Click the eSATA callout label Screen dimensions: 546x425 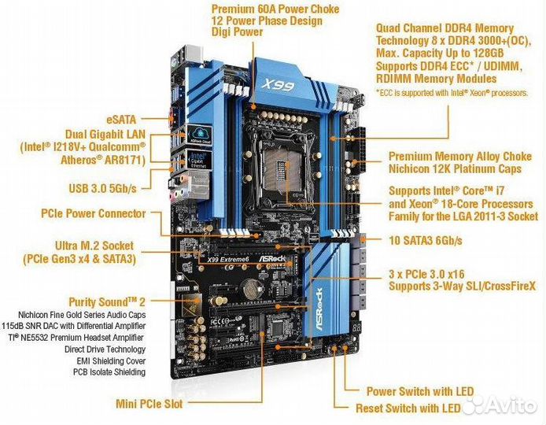(121, 120)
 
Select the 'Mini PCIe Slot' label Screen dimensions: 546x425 (149, 404)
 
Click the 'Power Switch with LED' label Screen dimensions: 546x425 (420, 391)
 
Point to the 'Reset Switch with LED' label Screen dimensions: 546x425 (408, 408)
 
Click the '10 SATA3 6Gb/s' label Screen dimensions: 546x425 (425, 240)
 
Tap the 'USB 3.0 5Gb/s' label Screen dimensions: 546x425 (102, 188)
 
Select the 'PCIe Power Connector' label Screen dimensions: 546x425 (94, 213)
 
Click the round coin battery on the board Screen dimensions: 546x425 (252, 288)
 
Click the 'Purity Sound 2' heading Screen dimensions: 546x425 (107, 301)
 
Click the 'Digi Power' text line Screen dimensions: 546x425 (237, 31)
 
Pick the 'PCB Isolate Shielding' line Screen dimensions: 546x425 (109, 371)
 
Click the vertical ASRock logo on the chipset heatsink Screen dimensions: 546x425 (319, 309)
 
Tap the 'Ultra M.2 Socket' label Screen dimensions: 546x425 (94, 246)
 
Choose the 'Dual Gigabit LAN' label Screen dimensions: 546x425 (105, 134)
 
